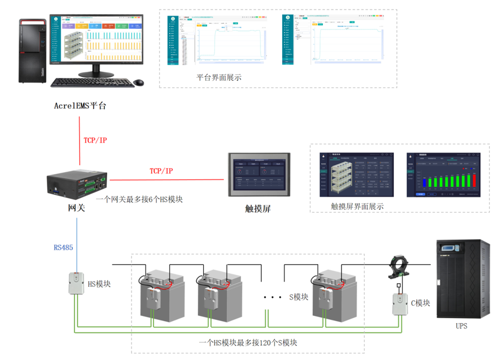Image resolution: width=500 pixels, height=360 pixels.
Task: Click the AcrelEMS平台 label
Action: tap(80, 106)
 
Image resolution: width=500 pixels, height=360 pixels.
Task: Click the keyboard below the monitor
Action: tap(93, 82)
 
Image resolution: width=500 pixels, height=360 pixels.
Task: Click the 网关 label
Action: tap(76, 208)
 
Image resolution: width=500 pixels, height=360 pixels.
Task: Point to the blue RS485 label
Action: tap(63, 247)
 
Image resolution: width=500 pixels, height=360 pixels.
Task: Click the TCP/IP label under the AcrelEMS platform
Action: tap(95, 140)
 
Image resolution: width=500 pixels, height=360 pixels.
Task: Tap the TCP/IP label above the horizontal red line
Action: tap(161, 170)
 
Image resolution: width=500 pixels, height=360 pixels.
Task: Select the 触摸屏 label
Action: tap(258, 208)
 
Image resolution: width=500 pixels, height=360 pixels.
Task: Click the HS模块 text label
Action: tap(99, 284)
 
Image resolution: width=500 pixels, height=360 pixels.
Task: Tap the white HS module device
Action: tap(76, 283)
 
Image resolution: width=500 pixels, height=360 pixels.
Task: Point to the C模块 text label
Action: tap(420, 303)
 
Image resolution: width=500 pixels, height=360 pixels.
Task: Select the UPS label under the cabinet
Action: tap(461, 326)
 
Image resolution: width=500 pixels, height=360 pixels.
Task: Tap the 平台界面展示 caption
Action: tap(219, 78)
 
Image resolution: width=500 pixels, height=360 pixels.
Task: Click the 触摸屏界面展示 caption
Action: tap(357, 207)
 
